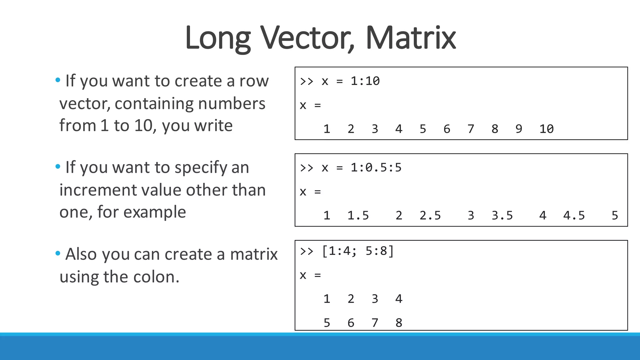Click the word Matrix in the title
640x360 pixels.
coord(410,38)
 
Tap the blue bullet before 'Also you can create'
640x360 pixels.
coord(58,253)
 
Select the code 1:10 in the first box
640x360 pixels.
coord(365,81)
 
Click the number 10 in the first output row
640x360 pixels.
coord(547,129)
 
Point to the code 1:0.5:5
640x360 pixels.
coord(376,168)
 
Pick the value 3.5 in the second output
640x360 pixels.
coord(502,215)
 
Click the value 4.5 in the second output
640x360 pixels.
coord(574,215)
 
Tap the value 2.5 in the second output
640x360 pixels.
coord(430,215)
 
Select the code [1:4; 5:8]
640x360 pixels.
coord(358,251)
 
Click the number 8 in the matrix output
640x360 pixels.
coord(399,323)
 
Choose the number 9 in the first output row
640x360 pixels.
coord(519,129)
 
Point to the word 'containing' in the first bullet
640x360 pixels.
coord(153,103)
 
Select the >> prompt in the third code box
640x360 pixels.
coord(307,251)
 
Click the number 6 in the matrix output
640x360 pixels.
coord(351,323)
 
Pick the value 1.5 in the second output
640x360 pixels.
coord(358,215)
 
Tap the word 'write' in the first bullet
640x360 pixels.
coord(213,126)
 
